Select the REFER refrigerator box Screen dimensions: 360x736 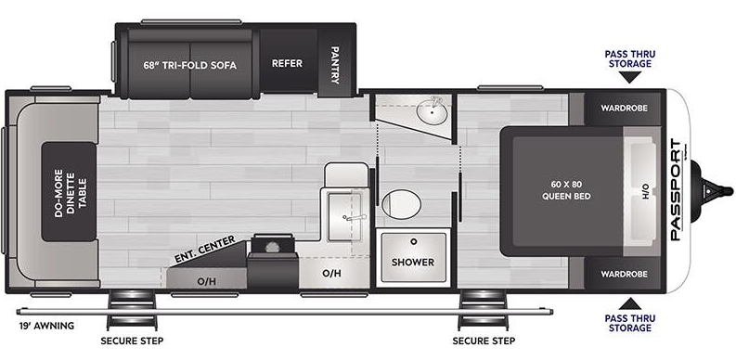click(287, 65)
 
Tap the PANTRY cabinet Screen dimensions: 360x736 click(334, 65)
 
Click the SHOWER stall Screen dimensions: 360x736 click(412, 261)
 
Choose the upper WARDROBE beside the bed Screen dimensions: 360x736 click(623, 108)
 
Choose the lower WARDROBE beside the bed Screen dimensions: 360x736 click(623, 275)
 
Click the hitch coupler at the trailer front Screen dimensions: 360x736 click(714, 189)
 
